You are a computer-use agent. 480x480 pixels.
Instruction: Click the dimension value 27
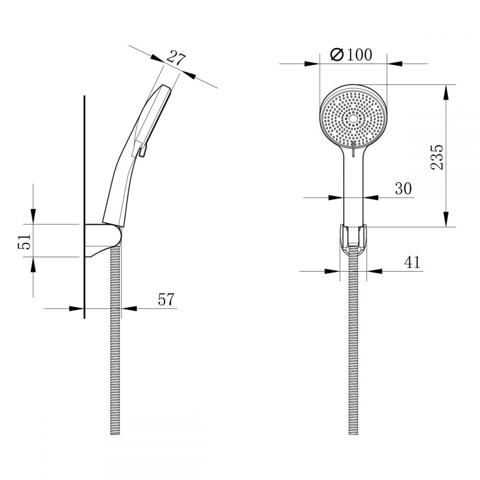click(176, 58)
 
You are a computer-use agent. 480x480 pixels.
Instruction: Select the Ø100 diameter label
click(352, 55)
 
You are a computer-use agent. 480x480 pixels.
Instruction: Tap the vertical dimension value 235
click(436, 156)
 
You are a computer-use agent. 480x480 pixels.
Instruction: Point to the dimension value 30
click(404, 189)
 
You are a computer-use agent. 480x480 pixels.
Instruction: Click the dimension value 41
click(411, 262)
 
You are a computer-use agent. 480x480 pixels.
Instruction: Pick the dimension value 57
click(167, 300)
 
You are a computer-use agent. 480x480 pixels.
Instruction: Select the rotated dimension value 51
click(25, 241)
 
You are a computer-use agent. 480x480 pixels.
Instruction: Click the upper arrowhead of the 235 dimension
click(446, 91)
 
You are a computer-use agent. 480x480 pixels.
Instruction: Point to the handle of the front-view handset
click(353, 187)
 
